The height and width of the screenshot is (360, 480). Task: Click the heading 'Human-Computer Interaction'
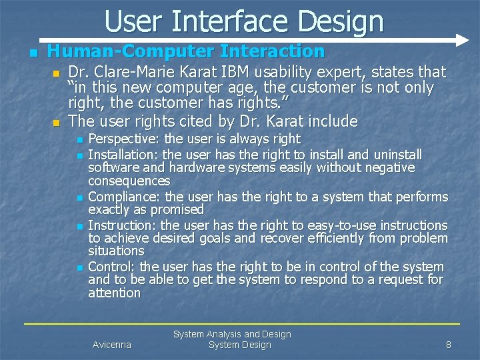click(x=185, y=51)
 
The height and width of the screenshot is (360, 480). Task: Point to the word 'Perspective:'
click(x=124, y=139)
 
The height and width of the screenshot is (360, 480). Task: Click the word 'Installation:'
click(x=124, y=154)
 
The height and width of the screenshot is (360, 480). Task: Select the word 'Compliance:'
click(x=125, y=197)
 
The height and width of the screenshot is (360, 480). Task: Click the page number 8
click(x=449, y=345)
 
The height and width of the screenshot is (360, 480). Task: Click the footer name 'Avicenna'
click(x=111, y=345)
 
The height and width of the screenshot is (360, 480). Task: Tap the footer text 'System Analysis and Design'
click(x=232, y=334)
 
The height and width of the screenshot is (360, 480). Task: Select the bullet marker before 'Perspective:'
click(x=79, y=140)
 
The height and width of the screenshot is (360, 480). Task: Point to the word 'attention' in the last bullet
click(x=114, y=293)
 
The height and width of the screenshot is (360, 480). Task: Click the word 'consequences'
click(x=129, y=181)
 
